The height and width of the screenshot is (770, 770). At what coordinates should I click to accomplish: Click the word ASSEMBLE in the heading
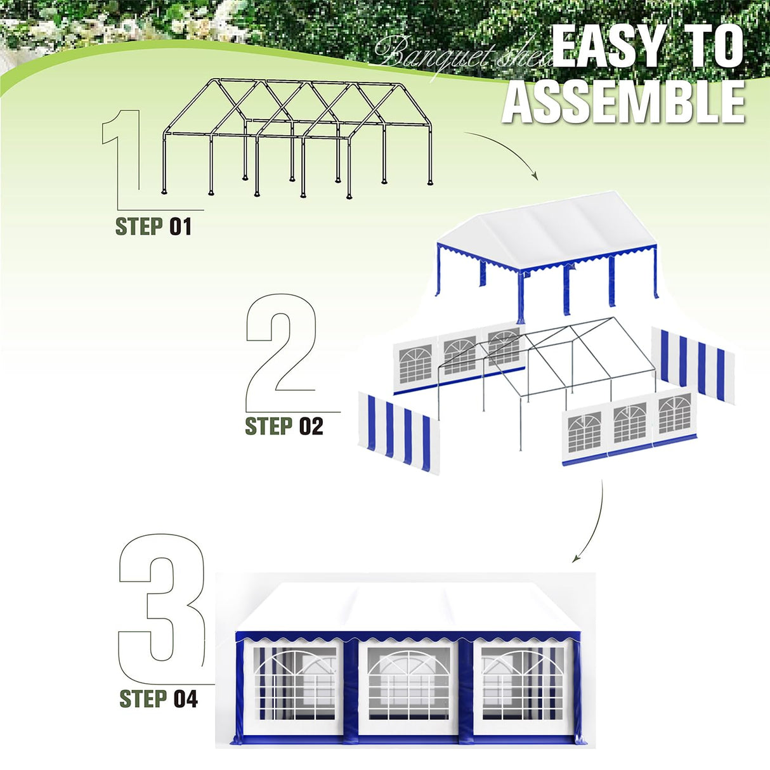tap(623, 101)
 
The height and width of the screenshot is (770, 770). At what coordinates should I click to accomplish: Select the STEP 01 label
tap(153, 226)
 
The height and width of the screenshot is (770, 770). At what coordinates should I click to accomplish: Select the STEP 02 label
tap(284, 426)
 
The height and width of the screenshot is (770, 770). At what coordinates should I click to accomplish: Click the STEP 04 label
tap(159, 699)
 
